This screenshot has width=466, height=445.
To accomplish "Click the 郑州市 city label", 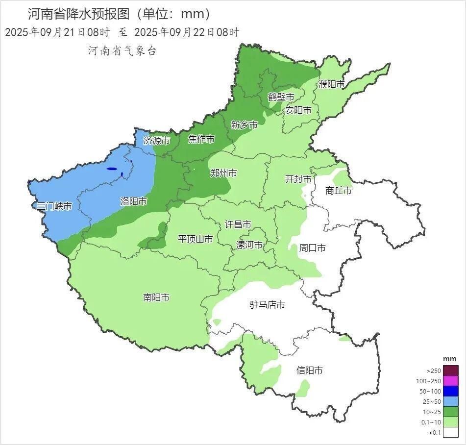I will tap(223, 173).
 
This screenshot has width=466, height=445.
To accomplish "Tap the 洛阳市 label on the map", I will tap(134, 201).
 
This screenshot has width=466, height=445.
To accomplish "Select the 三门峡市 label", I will tap(54, 206).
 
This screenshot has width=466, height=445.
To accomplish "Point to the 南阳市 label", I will tap(156, 297).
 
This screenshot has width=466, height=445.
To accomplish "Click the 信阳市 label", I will tap(310, 371).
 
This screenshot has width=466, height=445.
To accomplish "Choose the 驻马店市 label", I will tap(268, 305).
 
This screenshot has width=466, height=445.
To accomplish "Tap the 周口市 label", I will tap(313, 248).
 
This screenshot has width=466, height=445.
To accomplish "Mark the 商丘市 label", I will tap(339, 191).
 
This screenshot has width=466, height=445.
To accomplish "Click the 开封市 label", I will tap(298, 179).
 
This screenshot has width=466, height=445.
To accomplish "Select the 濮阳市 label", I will tap(332, 84).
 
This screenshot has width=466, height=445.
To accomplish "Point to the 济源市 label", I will tap(157, 141).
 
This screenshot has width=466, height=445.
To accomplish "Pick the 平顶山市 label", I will tap(195, 239).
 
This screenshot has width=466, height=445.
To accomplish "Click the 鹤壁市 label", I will tap(281, 97).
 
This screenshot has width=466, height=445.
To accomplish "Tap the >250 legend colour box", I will tap(451, 371).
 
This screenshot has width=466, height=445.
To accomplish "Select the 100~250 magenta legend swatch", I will tap(451, 381).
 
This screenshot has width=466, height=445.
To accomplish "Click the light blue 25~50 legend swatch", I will tap(451, 401).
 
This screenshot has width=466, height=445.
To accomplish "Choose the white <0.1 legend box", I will tap(451, 432).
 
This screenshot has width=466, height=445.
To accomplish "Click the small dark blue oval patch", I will tap(112, 169).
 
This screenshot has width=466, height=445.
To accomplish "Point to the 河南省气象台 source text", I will tap(122, 50).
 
